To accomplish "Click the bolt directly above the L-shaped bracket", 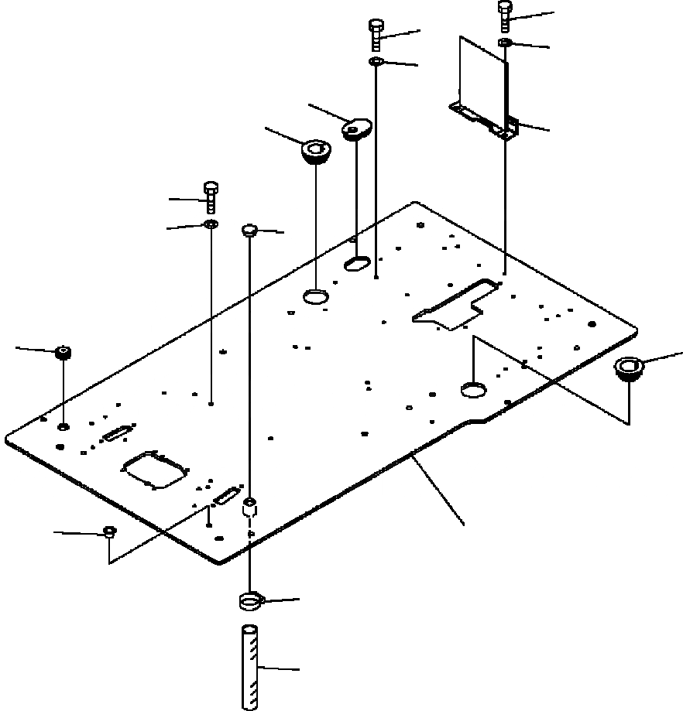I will point(505,15).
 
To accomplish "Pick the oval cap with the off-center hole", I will point(357,127).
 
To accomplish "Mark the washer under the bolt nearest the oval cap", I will point(376,61).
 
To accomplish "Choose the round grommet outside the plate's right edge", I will point(628,367).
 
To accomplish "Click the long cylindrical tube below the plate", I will point(250,667).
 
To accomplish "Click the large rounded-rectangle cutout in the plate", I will point(155,470).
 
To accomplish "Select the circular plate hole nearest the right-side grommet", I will point(473,389).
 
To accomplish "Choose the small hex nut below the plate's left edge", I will point(110,532).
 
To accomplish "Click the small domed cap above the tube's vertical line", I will point(249,230).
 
